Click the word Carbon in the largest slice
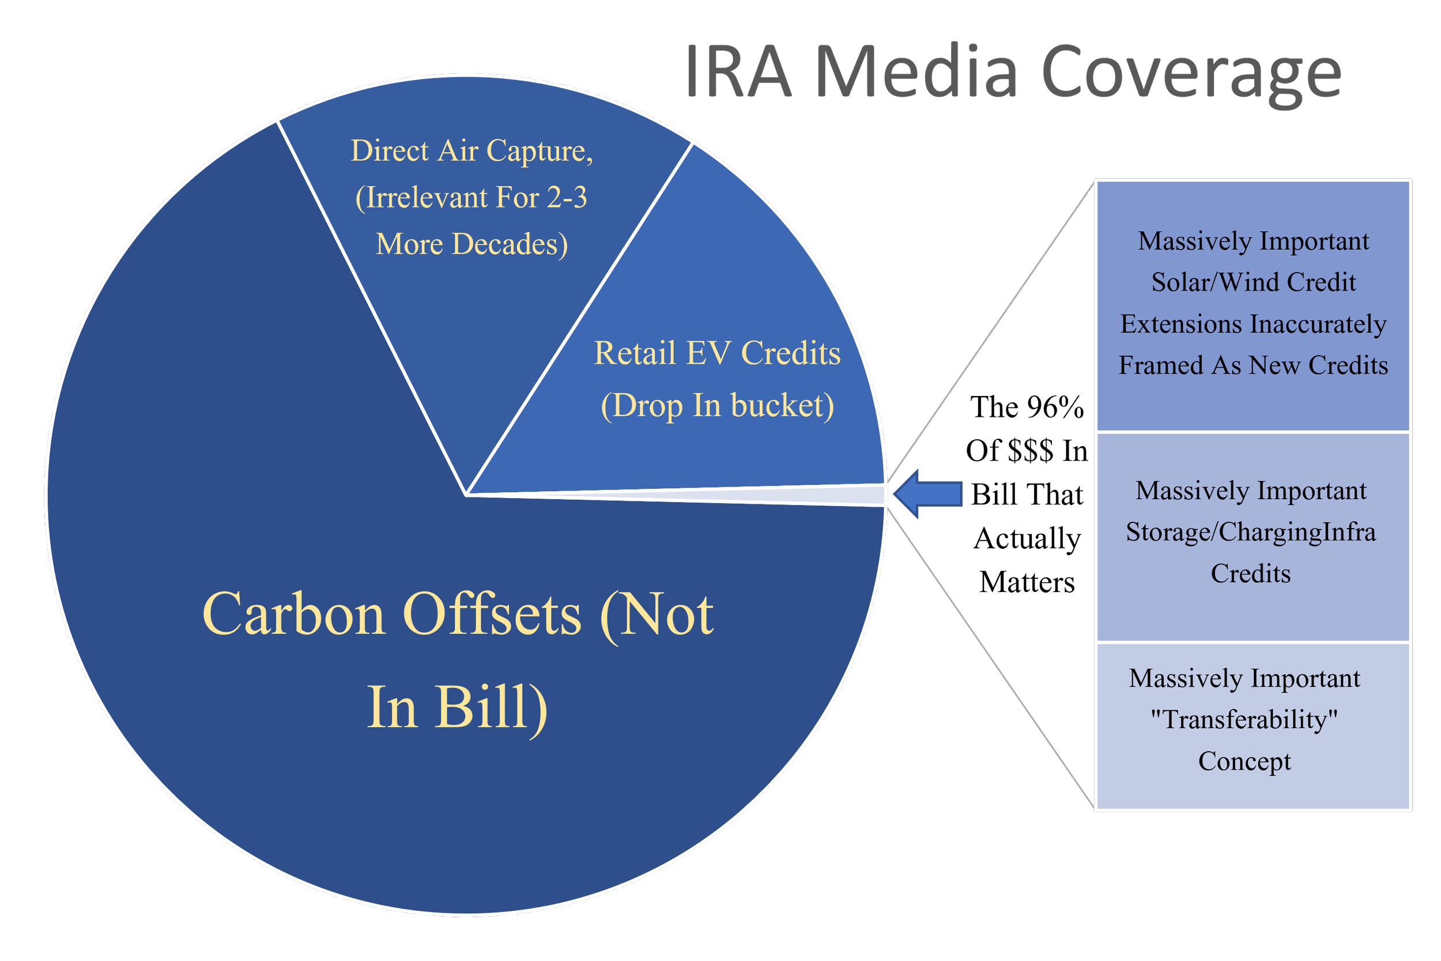tap(293, 614)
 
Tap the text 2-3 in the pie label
tap(566, 197)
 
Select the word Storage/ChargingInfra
tap(1250, 532)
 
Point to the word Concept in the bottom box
tap(1244, 761)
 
